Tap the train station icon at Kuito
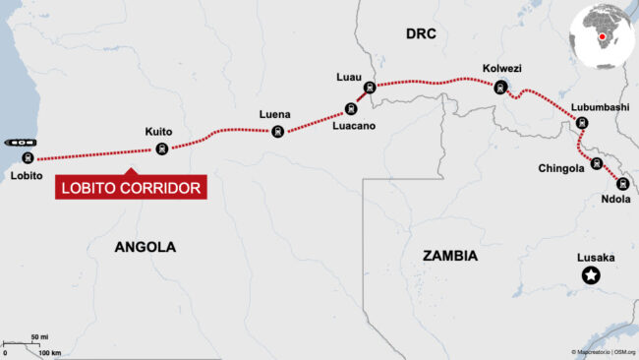click(162, 150)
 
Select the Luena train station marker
click(278, 132)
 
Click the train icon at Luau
click(369, 88)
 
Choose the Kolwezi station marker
click(502, 87)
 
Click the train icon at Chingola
click(596, 167)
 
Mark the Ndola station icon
click(621, 183)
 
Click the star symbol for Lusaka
click(591, 276)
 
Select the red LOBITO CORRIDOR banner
click(132, 187)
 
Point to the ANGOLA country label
click(145, 247)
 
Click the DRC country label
click(420, 34)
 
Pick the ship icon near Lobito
click(19, 143)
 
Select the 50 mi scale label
click(39, 337)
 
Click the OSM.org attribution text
click(624, 352)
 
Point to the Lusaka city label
click(596, 258)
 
